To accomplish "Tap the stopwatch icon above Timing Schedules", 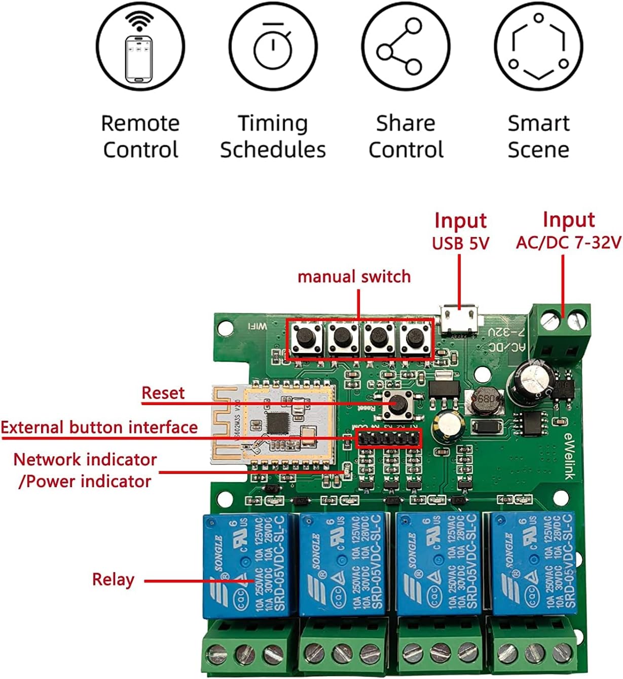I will [273, 47].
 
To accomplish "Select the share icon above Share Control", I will [406, 47].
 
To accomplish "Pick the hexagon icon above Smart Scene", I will [538, 47].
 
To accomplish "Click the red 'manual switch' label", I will [354, 277].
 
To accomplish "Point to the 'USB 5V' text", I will [460, 244].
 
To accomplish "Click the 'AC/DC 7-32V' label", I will [568, 243].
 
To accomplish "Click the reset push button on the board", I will [398, 404].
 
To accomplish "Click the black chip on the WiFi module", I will [277, 423].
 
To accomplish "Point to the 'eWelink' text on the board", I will [568, 456].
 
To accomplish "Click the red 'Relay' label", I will [113, 580].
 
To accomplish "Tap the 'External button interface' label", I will [99, 428].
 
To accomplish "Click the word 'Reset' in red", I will [163, 393].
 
